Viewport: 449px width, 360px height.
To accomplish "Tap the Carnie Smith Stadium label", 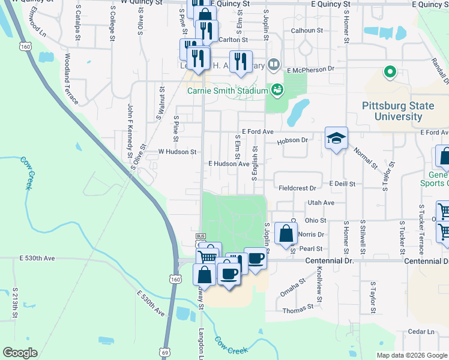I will (x=227, y=91).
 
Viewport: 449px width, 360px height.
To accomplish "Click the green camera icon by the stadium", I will (x=277, y=89).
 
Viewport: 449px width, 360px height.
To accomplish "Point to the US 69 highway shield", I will (x=165, y=353).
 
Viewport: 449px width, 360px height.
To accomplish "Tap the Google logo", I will (x=20, y=352).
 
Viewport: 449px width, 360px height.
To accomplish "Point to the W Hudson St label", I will (x=177, y=152).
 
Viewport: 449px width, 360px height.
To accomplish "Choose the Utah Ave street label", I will (x=321, y=203).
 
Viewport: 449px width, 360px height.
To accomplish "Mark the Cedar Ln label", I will (x=421, y=331).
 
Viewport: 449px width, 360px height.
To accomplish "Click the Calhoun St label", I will (x=307, y=30).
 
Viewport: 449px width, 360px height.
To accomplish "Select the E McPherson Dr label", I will (x=310, y=69).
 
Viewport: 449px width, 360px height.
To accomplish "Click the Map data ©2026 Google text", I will (x=411, y=355).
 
